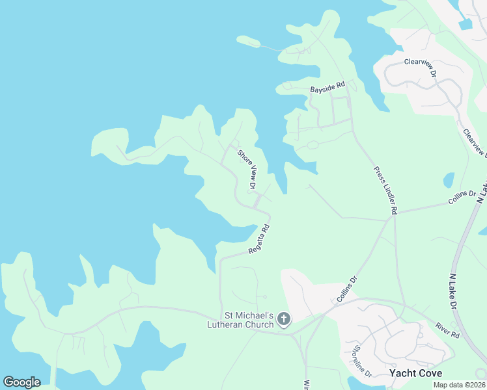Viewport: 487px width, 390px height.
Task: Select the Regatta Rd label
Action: [259, 239]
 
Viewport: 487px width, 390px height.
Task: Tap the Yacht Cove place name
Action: [415, 373]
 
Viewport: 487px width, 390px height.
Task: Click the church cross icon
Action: [283, 318]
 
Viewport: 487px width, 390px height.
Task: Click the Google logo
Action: [21, 382]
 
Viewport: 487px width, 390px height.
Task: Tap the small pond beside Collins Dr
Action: [449, 179]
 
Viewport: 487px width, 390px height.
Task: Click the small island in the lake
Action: [248, 42]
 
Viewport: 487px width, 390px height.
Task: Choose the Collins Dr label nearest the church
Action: [348, 289]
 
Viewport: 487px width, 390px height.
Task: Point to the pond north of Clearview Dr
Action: [465, 25]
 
